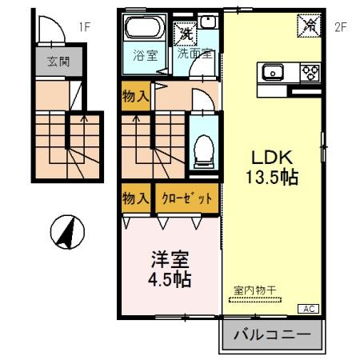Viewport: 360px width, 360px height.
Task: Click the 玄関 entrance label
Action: point(58,62)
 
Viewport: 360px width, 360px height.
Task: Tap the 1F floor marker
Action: point(86,26)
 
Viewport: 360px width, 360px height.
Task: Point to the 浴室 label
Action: point(144,57)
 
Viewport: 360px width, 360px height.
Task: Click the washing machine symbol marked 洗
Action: point(185,34)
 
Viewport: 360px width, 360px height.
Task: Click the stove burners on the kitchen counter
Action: point(309,73)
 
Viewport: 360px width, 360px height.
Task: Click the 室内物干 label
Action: point(256,290)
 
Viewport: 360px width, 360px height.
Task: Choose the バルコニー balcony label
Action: point(272,336)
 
